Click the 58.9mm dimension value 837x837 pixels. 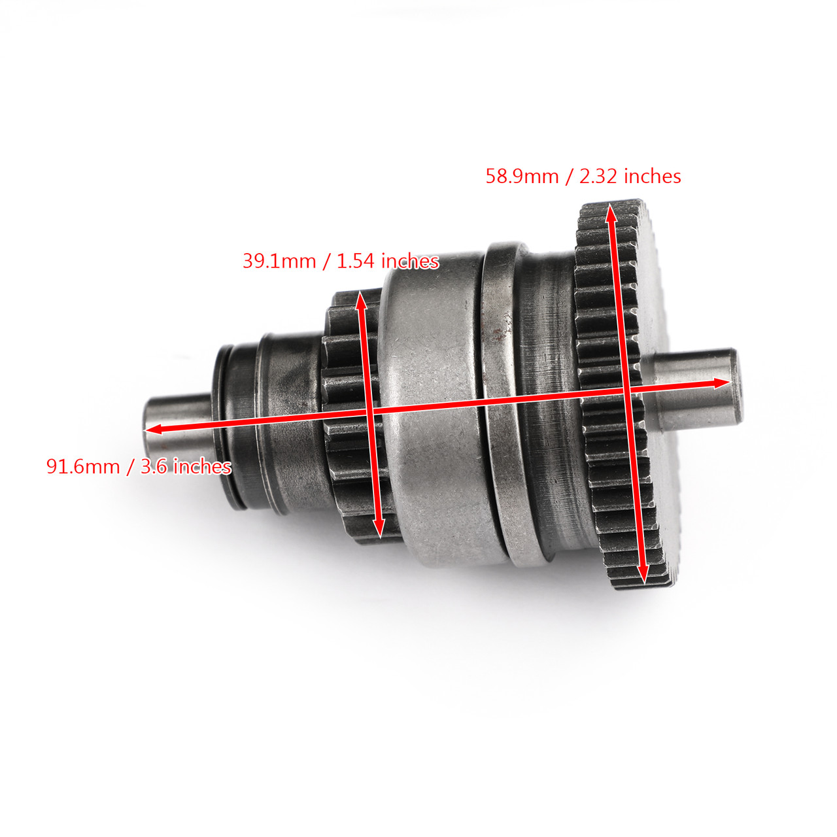[522, 177]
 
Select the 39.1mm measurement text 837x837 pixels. [279, 261]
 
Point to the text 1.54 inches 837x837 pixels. [387, 261]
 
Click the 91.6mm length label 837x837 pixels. [82, 466]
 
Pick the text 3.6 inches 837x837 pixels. [186, 466]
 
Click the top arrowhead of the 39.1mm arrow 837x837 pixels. [360, 299]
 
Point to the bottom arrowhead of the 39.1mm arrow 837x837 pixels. [378, 530]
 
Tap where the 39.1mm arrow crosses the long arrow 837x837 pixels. [369, 412]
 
